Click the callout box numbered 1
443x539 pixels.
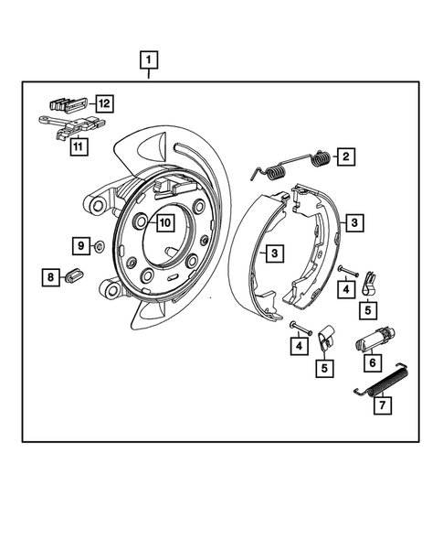pyautogui.click(x=148, y=61)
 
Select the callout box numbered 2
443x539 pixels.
pyautogui.click(x=347, y=156)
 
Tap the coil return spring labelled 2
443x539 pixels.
pyautogui.click(x=292, y=166)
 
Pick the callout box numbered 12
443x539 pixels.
pyautogui.click(x=105, y=103)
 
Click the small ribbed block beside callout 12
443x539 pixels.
pyautogui.click(x=69, y=102)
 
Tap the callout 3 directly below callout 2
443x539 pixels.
pyautogui.click(x=353, y=221)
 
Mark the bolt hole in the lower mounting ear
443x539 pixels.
pyautogui.click(x=111, y=291)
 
